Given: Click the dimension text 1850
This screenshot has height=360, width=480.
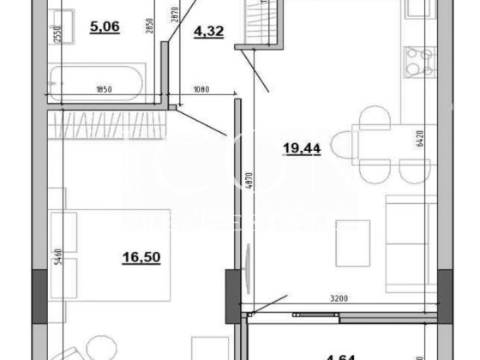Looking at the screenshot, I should coord(105,88).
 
